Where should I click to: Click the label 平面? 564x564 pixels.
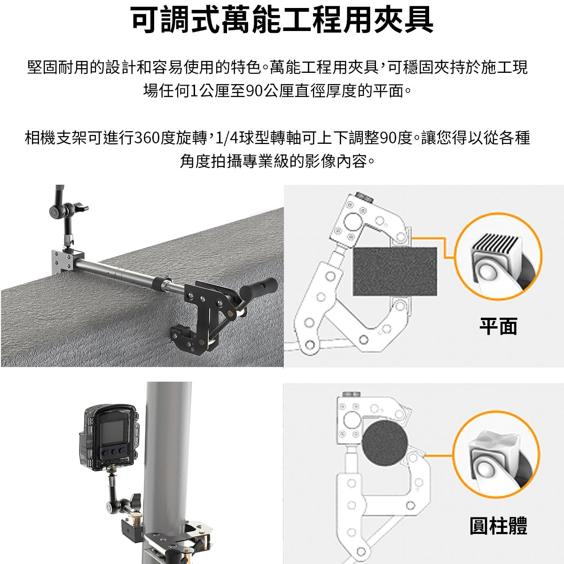pos(498,326)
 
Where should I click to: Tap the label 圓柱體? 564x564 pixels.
pos(498,525)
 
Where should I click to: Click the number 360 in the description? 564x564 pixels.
pos(147,138)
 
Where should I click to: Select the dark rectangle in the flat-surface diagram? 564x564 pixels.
pos(395,271)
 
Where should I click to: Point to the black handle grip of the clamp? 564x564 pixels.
pos(258,287)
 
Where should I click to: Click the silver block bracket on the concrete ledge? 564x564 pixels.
pos(63,262)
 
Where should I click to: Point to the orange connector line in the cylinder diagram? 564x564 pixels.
pos(438,455)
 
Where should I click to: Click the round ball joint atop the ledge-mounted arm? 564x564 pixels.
pos(55,211)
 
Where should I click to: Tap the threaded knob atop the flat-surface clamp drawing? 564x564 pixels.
pos(364,196)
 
